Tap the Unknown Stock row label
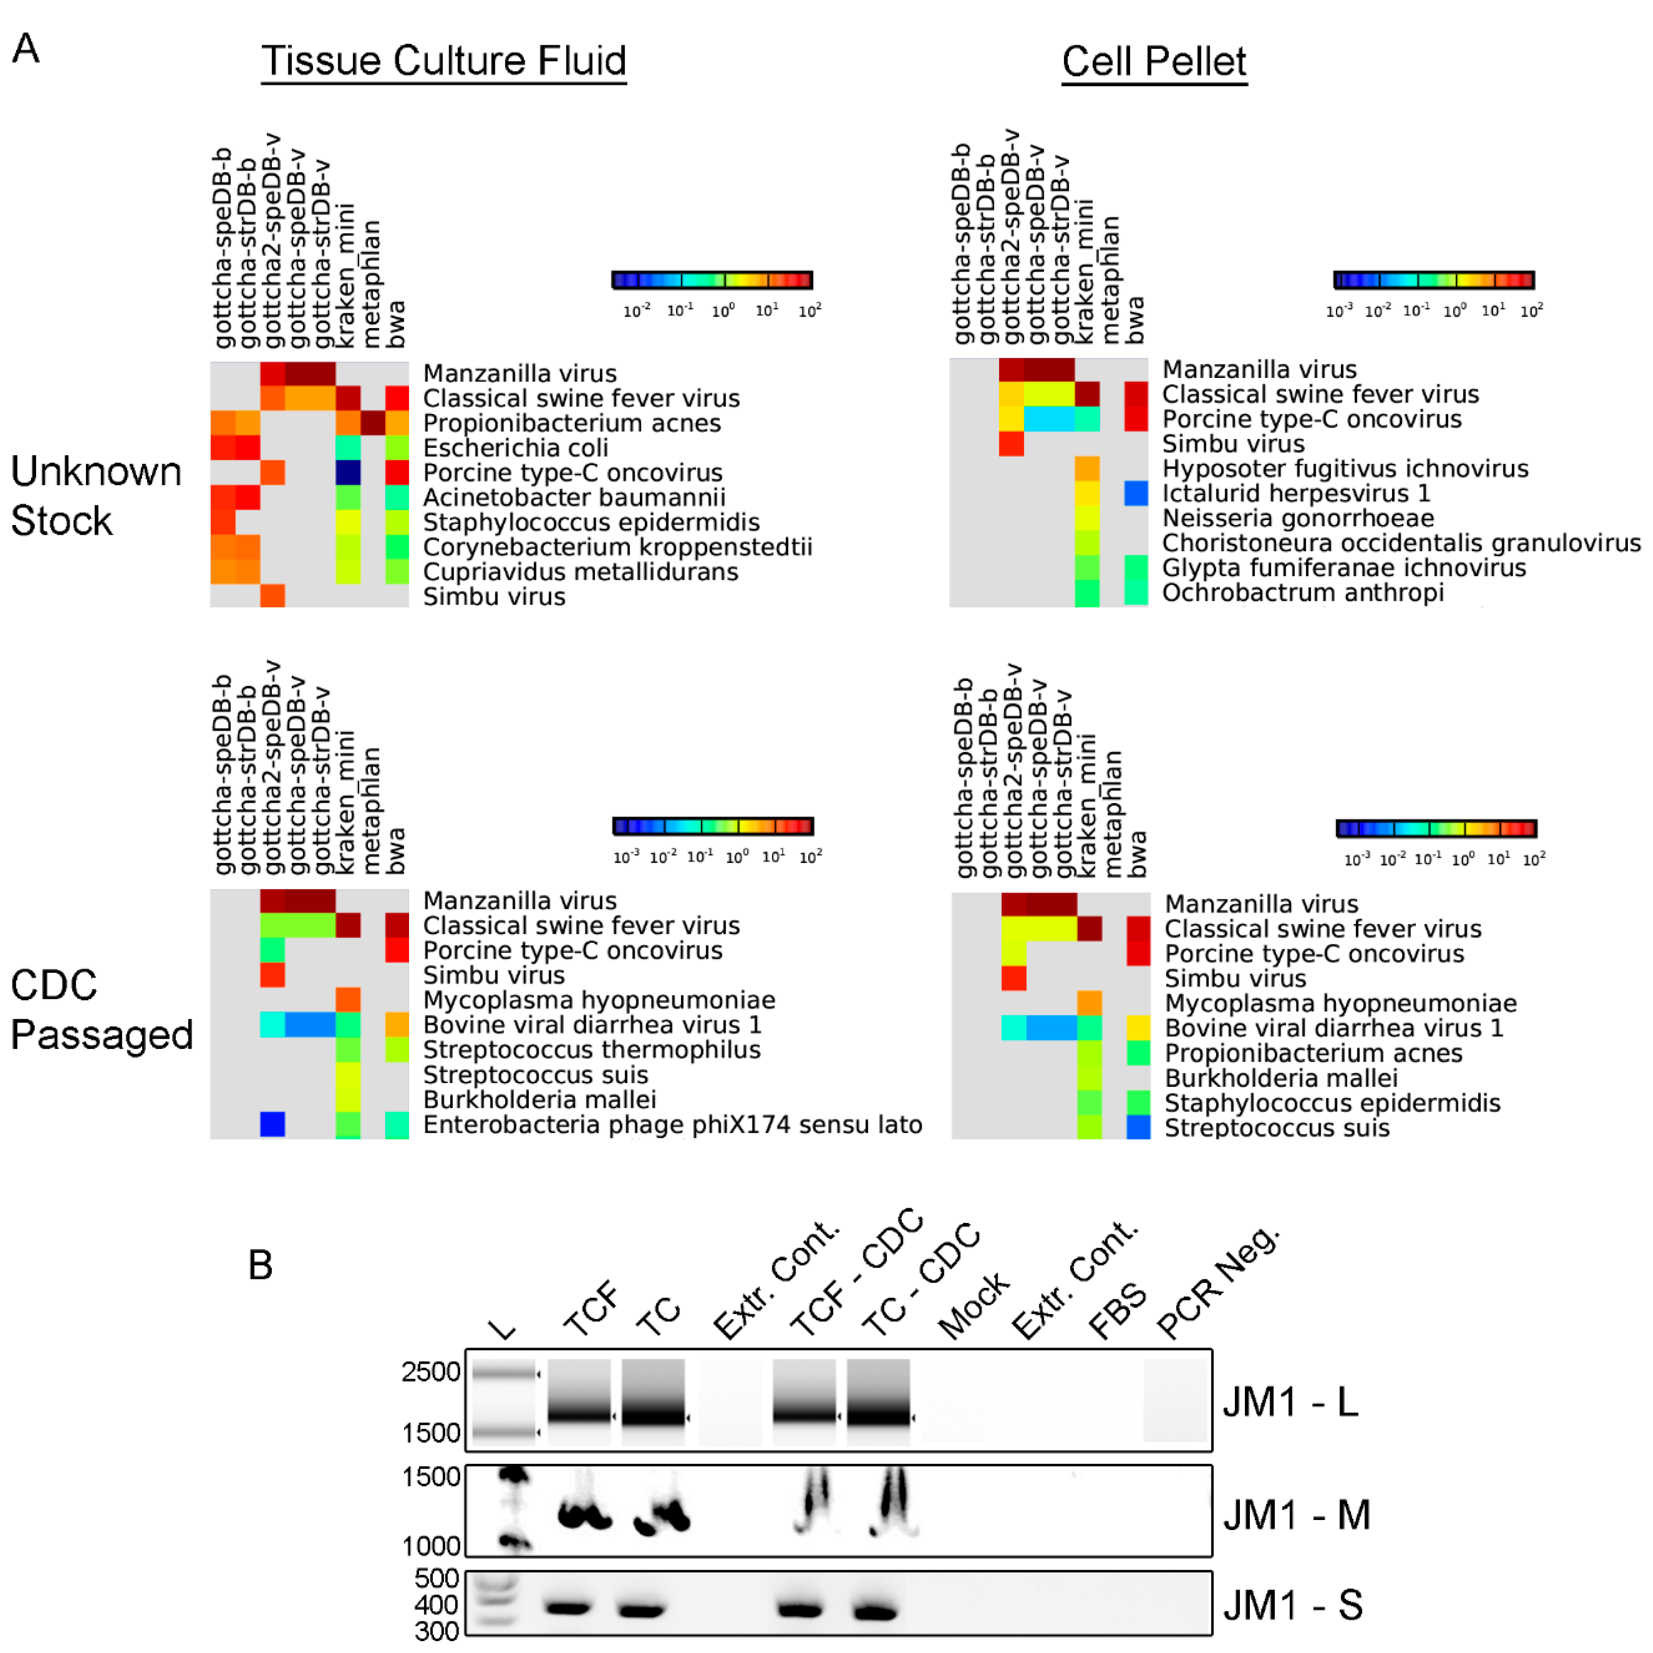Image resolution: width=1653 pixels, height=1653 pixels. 96,496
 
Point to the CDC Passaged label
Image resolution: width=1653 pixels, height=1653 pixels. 101,1010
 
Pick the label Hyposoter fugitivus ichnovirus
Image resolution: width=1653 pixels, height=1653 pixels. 1345,469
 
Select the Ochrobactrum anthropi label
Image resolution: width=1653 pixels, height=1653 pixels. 1302,592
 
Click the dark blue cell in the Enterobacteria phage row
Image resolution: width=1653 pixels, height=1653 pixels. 272,1124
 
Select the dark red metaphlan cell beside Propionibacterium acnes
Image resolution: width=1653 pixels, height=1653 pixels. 372,423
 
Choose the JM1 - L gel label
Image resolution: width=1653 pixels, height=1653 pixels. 1290,1402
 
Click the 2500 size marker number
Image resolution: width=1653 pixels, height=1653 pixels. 431,1371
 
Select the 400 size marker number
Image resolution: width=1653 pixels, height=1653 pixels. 436,1605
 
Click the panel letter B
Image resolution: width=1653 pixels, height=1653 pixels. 260,1265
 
